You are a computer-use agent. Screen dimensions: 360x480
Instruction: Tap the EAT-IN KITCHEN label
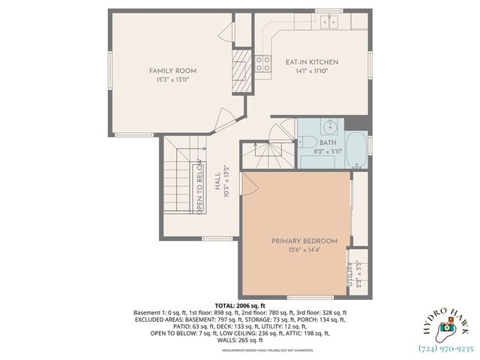point(311,62)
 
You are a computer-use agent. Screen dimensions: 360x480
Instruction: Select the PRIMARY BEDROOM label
point(304,241)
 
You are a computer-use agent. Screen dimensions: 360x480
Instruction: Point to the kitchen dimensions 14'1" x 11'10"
point(311,71)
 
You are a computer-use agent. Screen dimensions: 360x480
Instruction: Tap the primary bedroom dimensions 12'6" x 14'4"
point(304,250)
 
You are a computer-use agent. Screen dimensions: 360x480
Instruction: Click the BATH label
point(328,142)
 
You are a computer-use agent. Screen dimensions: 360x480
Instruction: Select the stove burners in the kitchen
point(262,63)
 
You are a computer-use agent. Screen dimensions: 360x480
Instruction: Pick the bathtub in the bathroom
point(357,150)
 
